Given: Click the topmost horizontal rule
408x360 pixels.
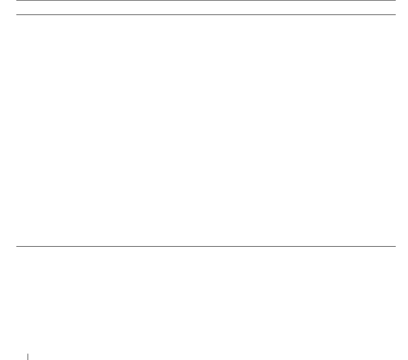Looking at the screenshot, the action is coord(206,0).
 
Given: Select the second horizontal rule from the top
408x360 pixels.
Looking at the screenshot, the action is coord(206,15).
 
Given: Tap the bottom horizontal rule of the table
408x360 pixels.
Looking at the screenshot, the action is coord(206,247).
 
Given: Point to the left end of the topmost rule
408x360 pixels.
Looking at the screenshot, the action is coord(17,0).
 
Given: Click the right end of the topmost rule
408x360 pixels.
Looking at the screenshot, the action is coord(395,0).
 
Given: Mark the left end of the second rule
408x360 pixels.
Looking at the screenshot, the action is coord(17,15).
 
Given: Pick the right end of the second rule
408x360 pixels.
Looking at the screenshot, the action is coord(395,15).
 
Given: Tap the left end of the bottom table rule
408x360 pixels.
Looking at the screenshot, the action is coord(17,247).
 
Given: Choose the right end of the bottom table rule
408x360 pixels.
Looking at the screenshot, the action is coord(395,247).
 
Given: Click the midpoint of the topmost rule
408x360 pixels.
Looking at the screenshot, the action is coord(206,0).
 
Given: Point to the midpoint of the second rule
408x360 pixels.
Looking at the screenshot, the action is coord(206,15).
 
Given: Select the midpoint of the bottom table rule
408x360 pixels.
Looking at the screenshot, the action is coord(206,247).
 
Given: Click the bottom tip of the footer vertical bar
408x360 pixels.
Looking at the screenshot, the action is coord(28,360).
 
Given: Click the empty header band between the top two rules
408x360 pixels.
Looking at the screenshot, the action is coord(206,8).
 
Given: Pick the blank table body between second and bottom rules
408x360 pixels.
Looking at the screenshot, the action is coord(206,131).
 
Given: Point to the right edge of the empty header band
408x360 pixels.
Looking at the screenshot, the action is coord(394,8).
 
